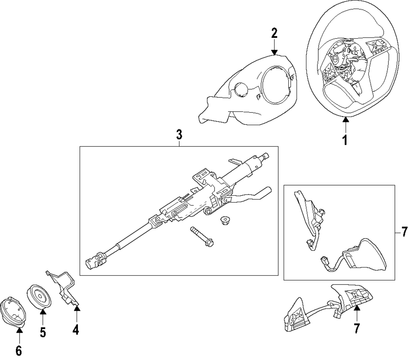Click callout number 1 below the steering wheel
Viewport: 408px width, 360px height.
[345, 140]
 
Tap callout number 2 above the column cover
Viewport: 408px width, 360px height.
[274, 34]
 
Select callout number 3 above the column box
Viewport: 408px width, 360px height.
[179, 135]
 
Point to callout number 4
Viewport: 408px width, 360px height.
[76, 329]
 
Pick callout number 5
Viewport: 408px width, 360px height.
[43, 332]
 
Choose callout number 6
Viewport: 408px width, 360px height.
[19, 351]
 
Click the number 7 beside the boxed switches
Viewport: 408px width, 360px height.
[404, 232]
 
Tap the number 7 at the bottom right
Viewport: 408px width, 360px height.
[357, 329]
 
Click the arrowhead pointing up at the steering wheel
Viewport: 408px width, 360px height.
[346, 120]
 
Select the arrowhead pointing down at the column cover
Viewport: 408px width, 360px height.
[274, 52]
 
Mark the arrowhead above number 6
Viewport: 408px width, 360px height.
[19, 330]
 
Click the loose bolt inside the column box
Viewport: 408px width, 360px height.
[202, 237]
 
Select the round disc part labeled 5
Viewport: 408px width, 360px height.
[39, 296]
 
